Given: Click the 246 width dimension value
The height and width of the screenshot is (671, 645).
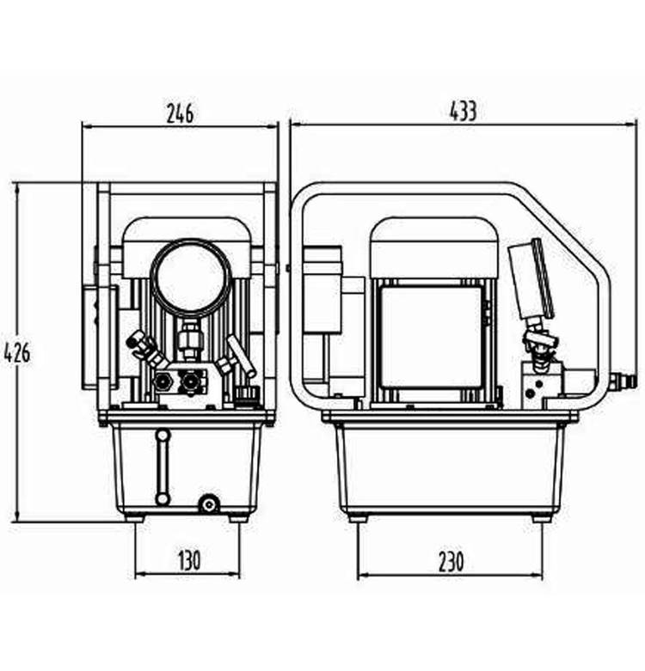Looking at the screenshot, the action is pos(180,113).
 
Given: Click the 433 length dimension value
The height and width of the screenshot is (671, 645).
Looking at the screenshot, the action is pos(463,112).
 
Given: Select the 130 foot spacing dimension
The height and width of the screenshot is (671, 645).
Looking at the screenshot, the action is pos(188,560).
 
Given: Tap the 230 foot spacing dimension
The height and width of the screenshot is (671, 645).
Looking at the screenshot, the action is pos(451,562).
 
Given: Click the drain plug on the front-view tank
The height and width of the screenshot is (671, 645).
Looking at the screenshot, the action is pos(208,504).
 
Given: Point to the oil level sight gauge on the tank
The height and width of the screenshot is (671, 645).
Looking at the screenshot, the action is pos(163,467).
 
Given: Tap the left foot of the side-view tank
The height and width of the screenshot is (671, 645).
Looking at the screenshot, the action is pos(358,518).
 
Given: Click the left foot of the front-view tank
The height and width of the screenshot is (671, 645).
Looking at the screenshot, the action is pos(135,517).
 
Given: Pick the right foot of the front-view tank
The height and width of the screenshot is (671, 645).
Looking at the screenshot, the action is pos(239,517).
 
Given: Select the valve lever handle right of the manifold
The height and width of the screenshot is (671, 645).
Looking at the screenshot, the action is pos(241,356).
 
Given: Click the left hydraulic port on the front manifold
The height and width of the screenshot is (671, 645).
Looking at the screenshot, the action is pos(163,379).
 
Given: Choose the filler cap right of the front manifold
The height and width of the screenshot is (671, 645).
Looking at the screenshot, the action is pos(247,394).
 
